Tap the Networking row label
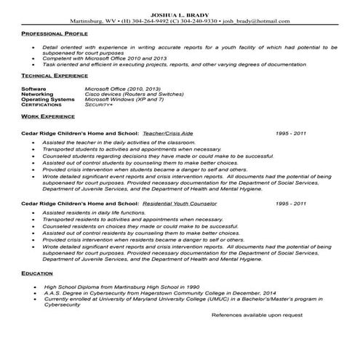tap(37, 94)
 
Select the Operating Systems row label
tap(48, 99)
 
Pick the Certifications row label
tap(42, 105)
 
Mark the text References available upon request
tap(257, 316)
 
